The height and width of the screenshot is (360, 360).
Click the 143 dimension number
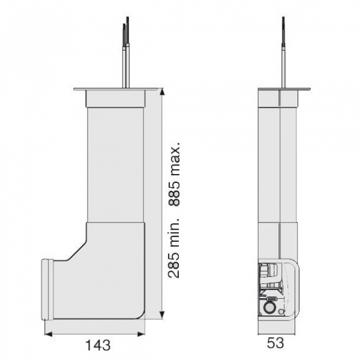(x=98, y=345)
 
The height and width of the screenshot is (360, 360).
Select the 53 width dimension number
(x=275, y=343)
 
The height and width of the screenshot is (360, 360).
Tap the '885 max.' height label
(x=174, y=174)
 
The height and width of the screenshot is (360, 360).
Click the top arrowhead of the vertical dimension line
(x=163, y=92)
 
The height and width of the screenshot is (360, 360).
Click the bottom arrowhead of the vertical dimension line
(x=163, y=315)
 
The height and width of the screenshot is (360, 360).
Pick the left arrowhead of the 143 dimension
(x=48, y=334)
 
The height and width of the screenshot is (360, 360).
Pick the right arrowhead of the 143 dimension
(x=141, y=334)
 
